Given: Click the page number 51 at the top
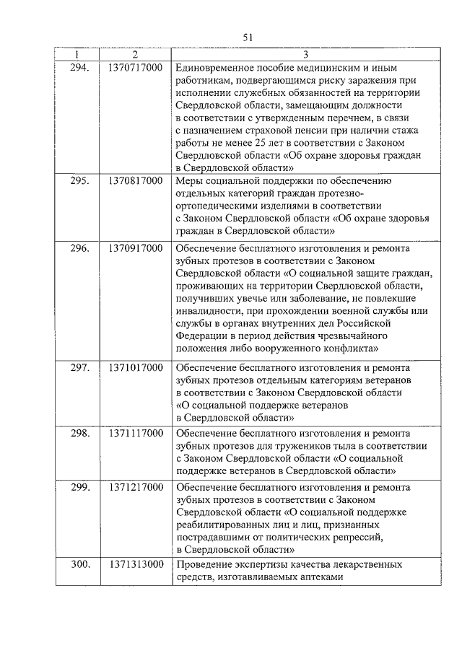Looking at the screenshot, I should pos(248,38).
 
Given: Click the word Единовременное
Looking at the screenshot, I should pos(216,67).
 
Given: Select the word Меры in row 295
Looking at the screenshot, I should pos(189,180).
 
